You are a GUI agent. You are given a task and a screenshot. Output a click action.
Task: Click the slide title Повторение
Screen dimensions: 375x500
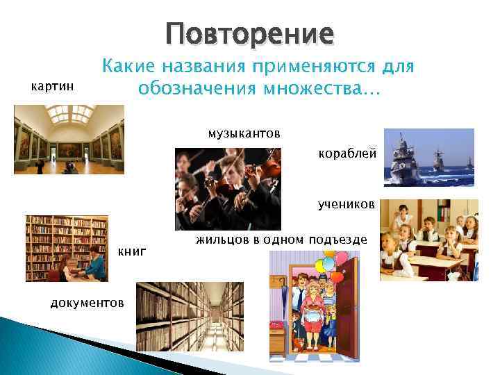point(249,33)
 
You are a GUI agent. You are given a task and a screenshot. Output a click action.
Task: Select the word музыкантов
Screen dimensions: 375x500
point(244,133)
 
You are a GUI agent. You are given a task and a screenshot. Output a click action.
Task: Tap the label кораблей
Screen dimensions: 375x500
point(347,153)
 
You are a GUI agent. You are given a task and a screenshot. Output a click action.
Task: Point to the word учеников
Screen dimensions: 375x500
point(346,205)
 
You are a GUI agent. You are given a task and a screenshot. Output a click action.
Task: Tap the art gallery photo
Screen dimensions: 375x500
point(69,139)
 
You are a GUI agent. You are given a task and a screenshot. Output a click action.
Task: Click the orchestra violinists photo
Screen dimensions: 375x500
point(228,187)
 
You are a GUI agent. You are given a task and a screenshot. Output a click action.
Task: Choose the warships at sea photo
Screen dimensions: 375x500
point(429,157)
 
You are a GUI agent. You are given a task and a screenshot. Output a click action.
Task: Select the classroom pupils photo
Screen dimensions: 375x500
point(429,240)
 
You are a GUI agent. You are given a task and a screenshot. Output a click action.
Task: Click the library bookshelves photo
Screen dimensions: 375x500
point(67,248)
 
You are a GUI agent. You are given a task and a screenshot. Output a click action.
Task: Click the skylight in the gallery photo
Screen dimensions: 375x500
point(69,112)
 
